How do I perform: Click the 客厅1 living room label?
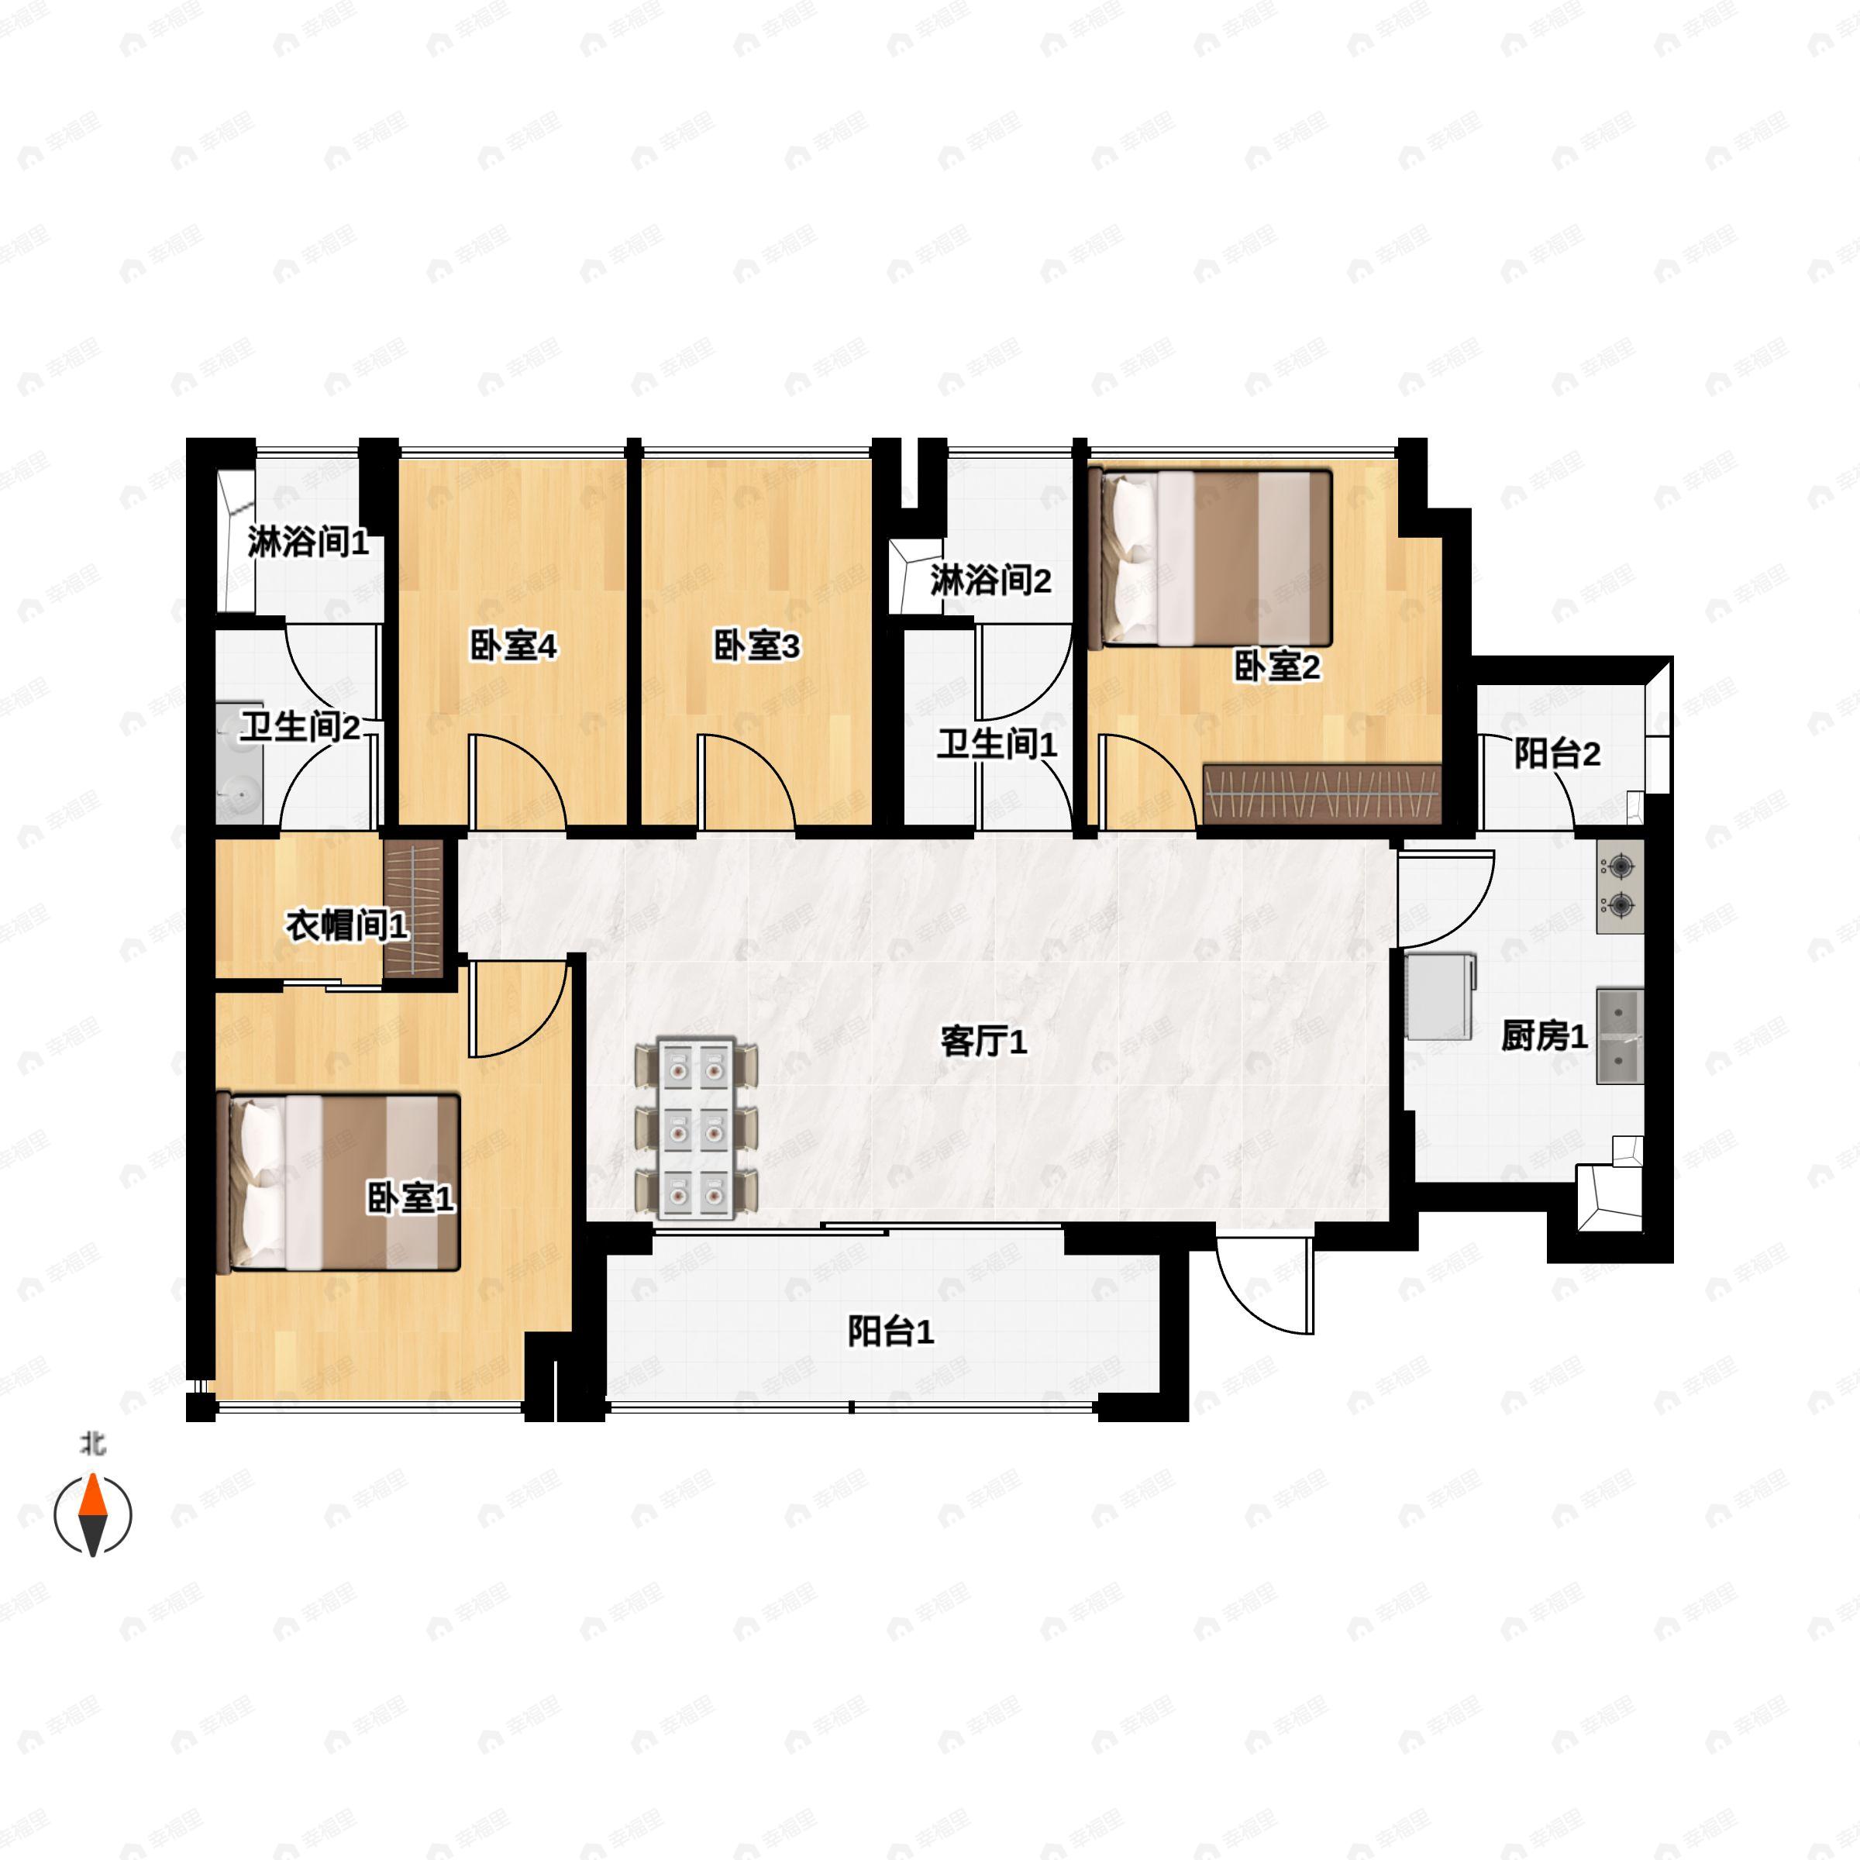[983, 1042]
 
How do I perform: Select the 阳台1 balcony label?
[890, 1332]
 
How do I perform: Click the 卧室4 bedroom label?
[513, 646]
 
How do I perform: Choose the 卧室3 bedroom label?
[756, 646]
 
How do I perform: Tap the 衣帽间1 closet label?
[347, 926]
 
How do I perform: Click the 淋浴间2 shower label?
[990, 580]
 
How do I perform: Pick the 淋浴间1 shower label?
[308, 543]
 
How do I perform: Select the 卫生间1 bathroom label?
[997, 743]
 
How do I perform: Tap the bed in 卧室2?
[1211, 557]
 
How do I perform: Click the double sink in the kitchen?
[1621, 1036]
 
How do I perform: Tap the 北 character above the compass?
[93, 1444]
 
